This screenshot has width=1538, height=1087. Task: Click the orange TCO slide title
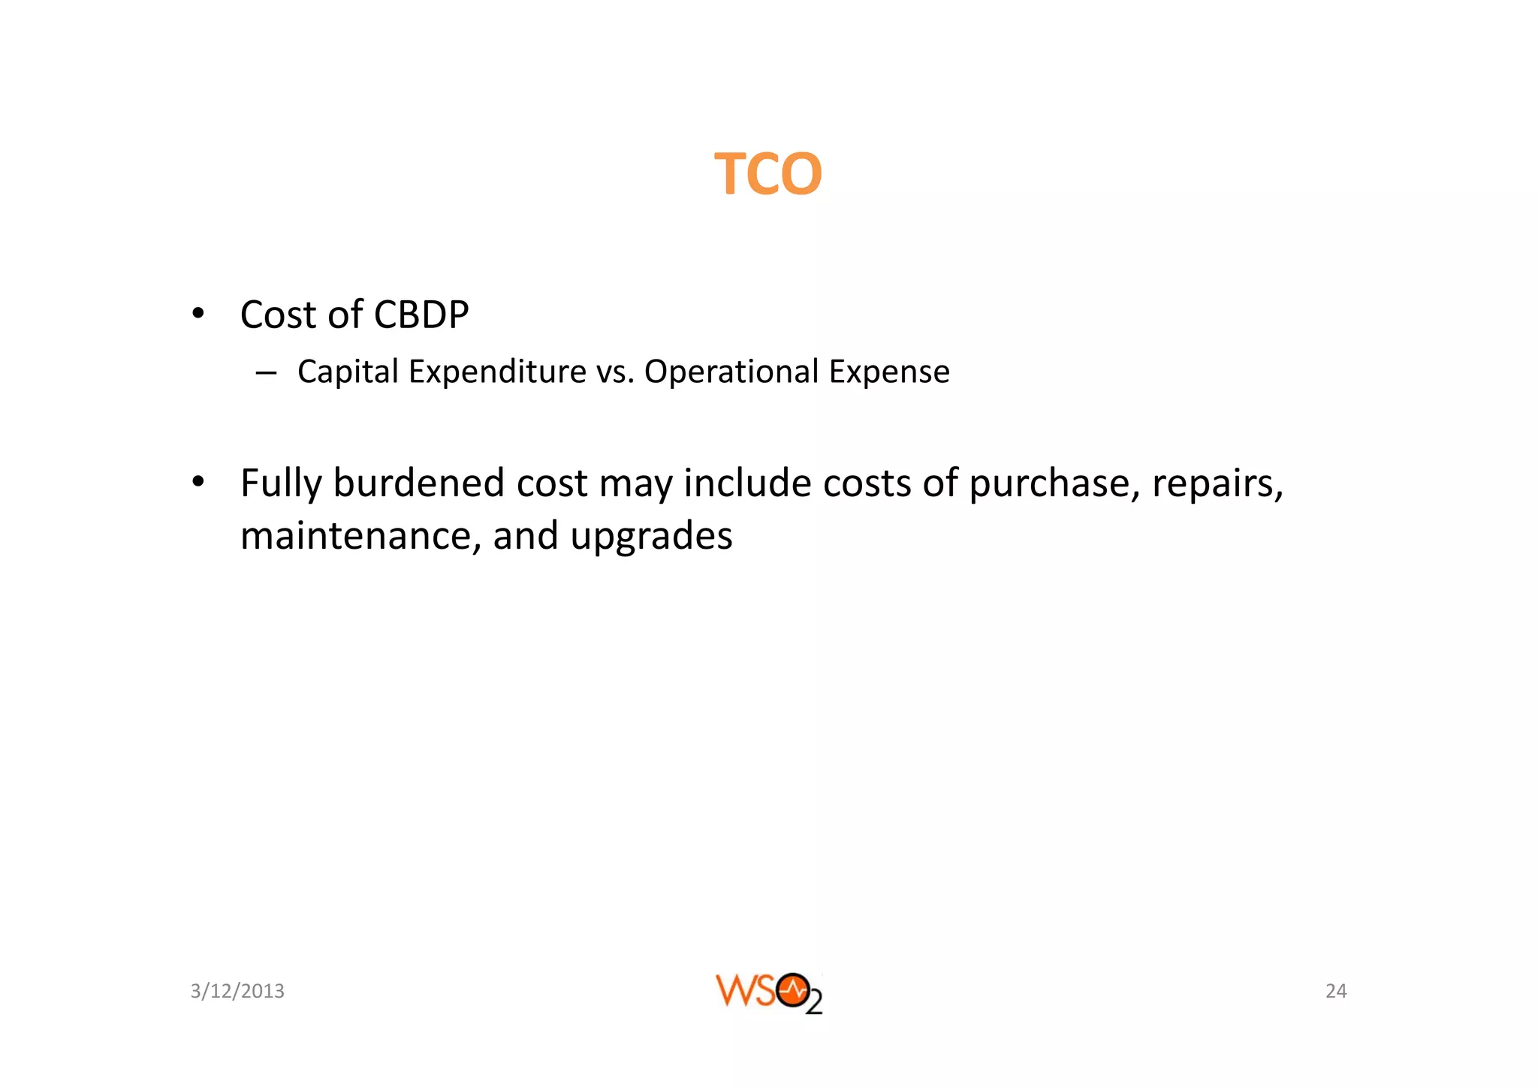click(x=767, y=174)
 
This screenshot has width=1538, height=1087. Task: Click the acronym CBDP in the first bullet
click(x=421, y=315)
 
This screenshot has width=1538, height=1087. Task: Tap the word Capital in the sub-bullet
click(x=348, y=372)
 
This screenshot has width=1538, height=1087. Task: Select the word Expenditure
click(x=497, y=372)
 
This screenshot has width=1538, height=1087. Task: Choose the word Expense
click(x=889, y=372)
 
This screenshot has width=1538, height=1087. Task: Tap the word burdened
click(x=418, y=483)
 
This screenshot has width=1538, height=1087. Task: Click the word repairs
click(x=1217, y=484)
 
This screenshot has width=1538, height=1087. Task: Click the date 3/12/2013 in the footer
click(x=237, y=991)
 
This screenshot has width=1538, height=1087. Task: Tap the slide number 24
click(x=1336, y=991)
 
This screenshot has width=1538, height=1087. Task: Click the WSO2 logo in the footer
click(x=768, y=992)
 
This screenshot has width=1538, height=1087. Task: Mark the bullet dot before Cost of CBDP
click(x=198, y=314)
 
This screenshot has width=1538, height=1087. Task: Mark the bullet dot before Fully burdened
click(x=198, y=482)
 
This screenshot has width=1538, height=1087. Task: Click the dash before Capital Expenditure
click(x=266, y=372)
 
